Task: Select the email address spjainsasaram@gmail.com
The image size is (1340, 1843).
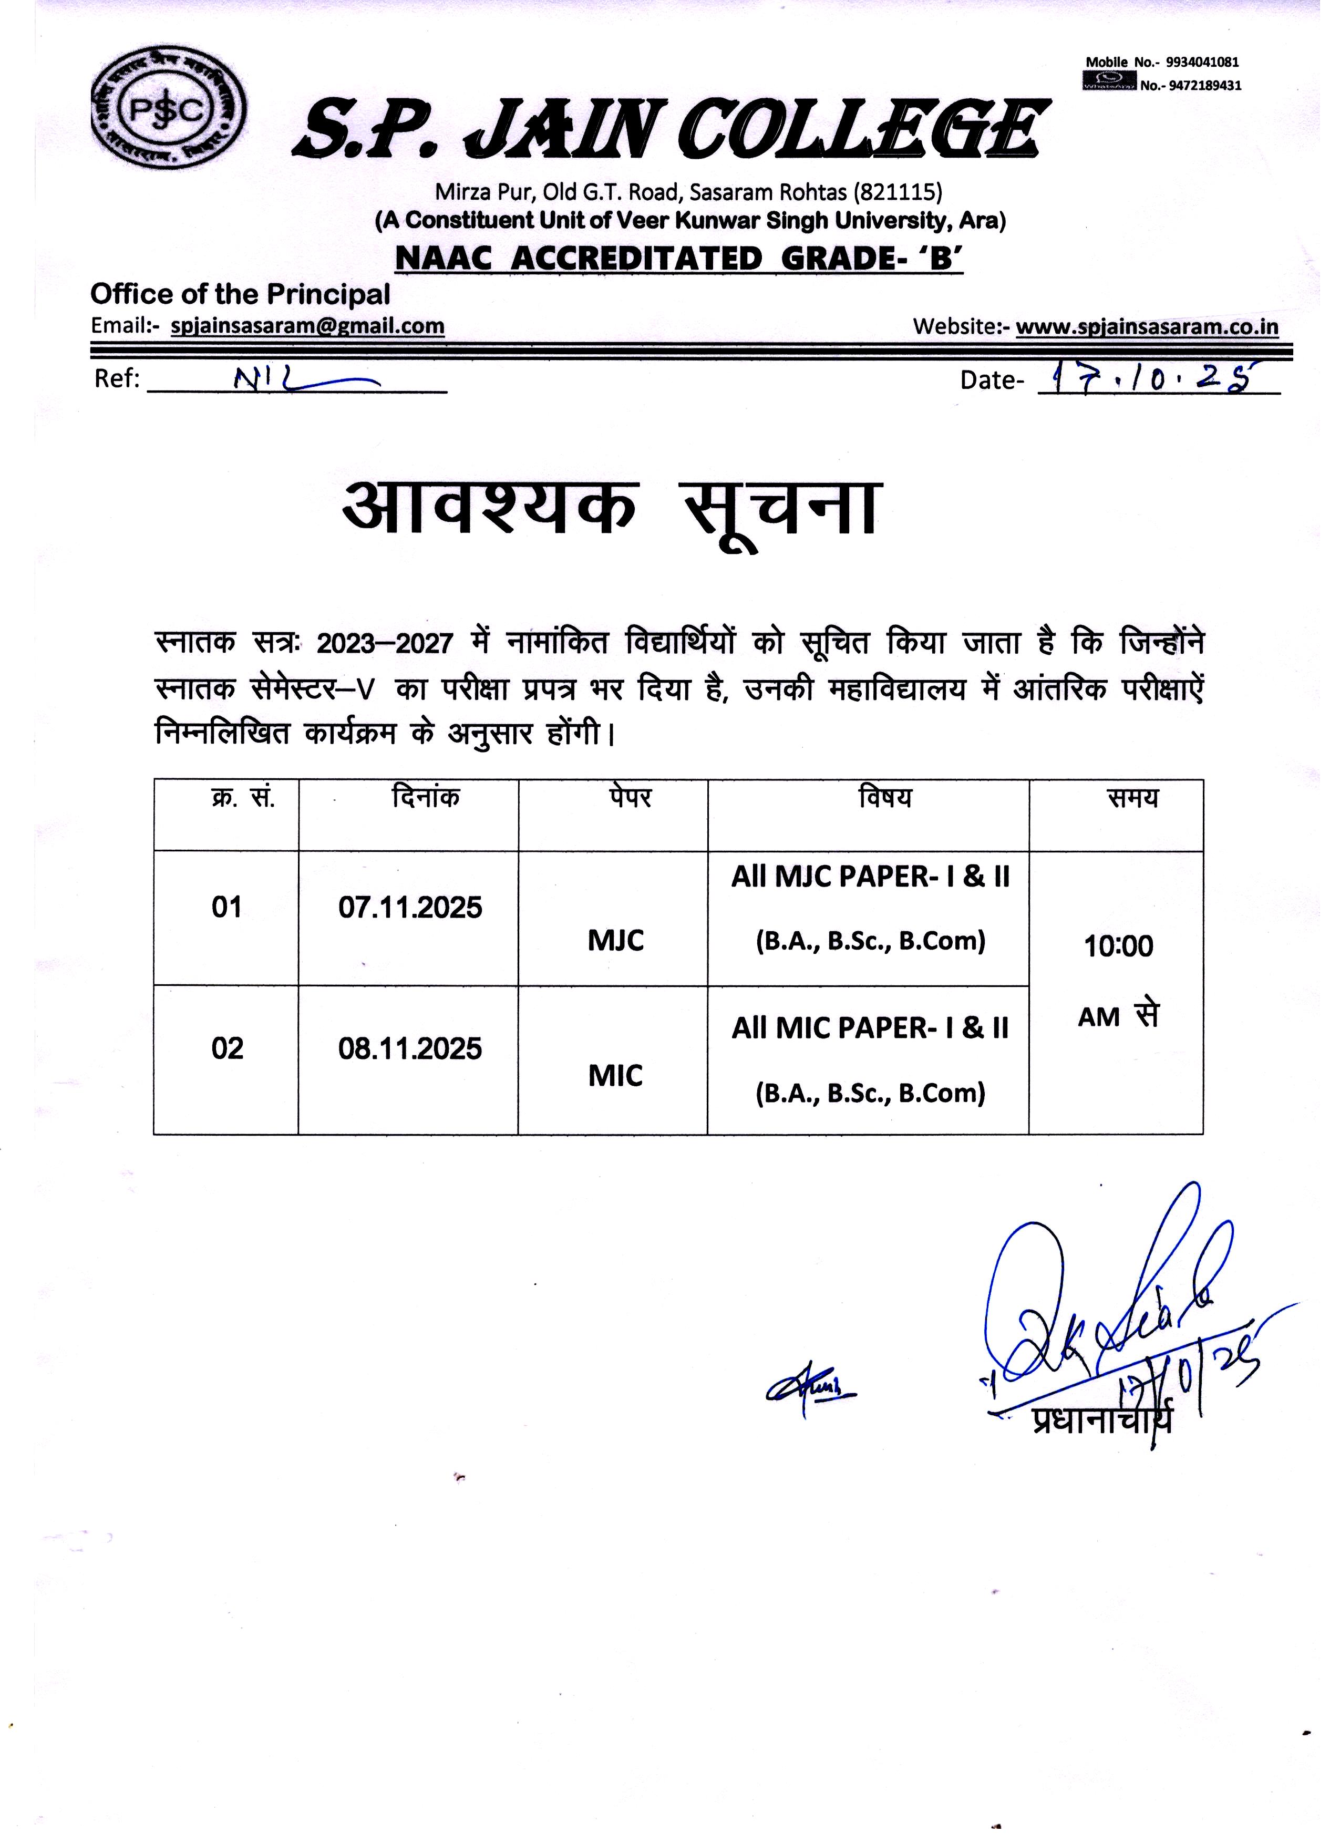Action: pos(308,327)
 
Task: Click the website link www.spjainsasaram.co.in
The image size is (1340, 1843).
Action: pos(1148,327)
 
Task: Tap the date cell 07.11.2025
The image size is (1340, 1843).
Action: pos(410,908)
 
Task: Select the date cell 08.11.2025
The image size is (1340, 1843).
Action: pos(410,1049)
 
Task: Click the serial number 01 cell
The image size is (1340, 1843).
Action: pos(226,908)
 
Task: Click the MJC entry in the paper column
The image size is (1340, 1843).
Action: pos(616,941)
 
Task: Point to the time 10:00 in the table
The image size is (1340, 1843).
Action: pos(1119,946)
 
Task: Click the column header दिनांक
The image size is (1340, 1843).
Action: pos(425,798)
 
